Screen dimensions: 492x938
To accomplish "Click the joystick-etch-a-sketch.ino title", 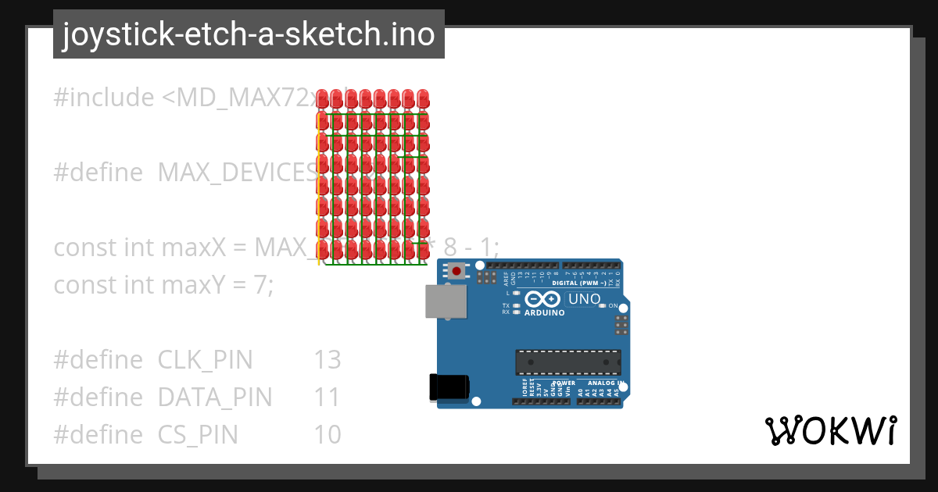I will [x=249, y=34].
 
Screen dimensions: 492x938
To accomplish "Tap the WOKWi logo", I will [x=831, y=430].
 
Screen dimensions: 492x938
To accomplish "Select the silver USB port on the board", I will [x=446, y=301].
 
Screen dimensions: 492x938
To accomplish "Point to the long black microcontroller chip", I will [x=568, y=362].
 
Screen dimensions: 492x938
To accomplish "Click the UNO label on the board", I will [x=584, y=299].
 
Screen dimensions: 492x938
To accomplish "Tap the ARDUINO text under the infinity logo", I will [x=543, y=312].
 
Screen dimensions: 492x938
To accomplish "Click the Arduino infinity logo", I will [x=542, y=299].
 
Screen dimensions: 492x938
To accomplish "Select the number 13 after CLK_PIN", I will [x=328, y=360].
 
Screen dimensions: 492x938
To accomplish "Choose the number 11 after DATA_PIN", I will [x=328, y=398].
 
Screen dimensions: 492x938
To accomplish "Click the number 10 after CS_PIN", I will [x=328, y=434].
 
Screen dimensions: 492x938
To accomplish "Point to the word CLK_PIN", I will [x=206, y=360].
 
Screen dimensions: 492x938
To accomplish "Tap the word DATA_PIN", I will [x=215, y=398].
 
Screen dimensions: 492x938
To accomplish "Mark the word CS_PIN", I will [x=198, y=434].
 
